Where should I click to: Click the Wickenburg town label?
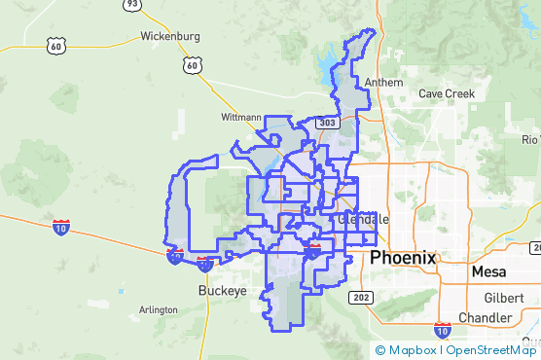170,36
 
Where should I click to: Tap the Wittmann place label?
241,117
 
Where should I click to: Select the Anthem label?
383,83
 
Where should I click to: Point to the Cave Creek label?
446,93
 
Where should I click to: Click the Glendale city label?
363,220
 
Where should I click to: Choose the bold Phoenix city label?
403,259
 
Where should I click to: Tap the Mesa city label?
489,272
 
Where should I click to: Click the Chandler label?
485,318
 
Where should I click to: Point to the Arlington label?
158,309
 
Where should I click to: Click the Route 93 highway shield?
130,5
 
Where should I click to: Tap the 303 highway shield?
326,123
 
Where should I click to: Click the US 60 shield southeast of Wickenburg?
191,65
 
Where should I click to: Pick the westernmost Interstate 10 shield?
60,227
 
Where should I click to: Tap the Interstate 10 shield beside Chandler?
443,330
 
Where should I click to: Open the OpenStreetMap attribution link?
491,350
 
